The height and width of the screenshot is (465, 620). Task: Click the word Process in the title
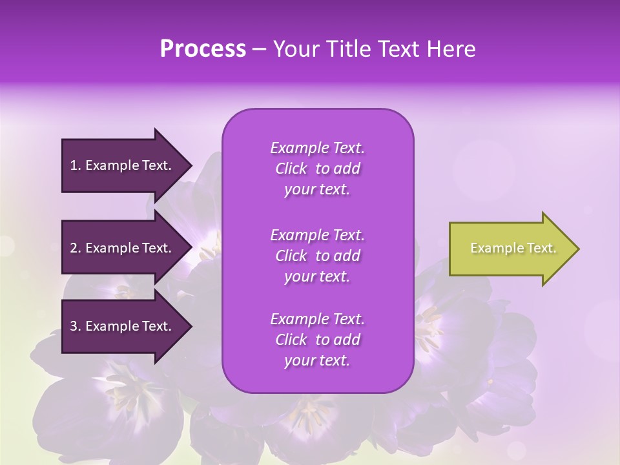203,49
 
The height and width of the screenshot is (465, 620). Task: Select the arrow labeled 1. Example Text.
123,165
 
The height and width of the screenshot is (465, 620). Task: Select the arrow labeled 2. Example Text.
123,248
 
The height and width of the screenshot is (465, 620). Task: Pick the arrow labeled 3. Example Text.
123,326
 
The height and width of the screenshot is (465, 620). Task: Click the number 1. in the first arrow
76,165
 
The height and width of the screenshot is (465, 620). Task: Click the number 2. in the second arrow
76,248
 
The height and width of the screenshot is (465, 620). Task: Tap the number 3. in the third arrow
76,326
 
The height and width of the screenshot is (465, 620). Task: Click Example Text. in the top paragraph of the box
317,148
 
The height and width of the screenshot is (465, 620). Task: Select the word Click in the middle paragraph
291,256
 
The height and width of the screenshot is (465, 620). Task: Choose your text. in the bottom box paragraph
317,360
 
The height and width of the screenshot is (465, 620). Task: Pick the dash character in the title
260,49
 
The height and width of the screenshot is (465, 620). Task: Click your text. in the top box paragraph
317,189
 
